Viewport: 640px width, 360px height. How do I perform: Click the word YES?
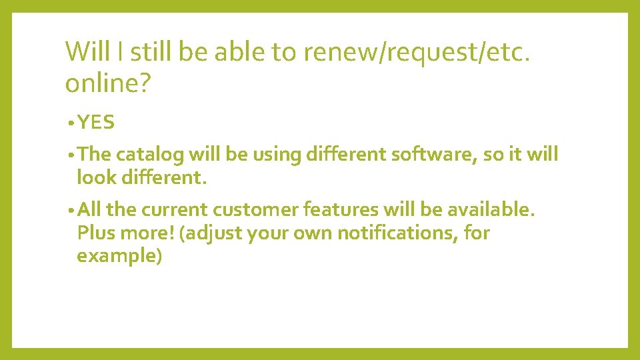coord(96,123)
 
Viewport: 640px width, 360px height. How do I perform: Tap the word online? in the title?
coord(107,84)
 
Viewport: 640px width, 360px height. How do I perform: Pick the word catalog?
coord(150,155)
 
